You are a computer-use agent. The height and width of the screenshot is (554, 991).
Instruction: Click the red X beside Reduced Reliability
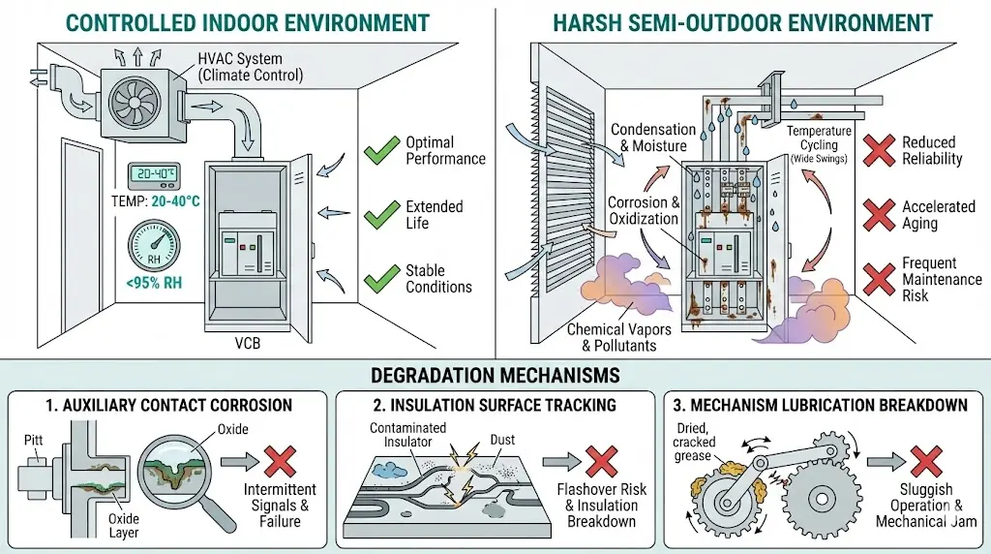click(x=877, y=151)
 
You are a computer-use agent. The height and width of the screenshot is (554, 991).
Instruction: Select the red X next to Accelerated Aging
click(x=877, y=214)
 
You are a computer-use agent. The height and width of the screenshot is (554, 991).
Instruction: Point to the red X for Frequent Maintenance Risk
click(x=877, y=278)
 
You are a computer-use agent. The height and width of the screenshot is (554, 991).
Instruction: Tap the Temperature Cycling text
click(x=819, y=138)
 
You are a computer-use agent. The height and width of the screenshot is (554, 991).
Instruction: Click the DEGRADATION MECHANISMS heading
click(x=495, y=374)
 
